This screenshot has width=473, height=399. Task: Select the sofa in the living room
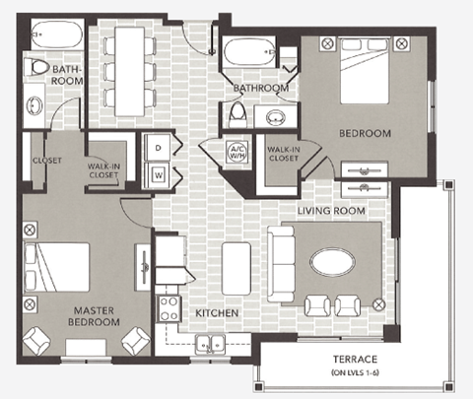[283, 262]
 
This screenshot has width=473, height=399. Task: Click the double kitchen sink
[209, 344]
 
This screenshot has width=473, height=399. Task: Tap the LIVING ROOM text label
[332, 210]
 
